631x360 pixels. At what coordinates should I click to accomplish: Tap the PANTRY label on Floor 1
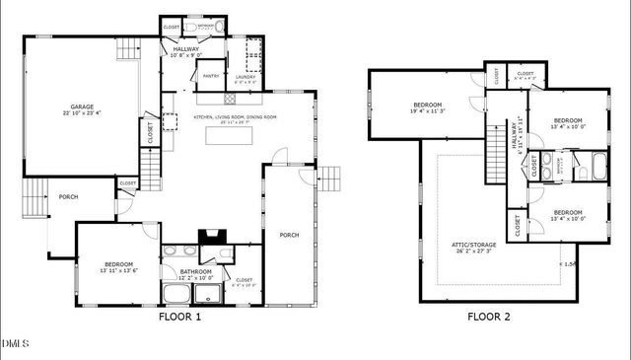210,75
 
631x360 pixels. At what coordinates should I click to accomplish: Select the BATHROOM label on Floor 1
195,271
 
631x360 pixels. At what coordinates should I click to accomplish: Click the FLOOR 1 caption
179,318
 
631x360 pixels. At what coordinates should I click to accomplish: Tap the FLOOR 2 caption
488,318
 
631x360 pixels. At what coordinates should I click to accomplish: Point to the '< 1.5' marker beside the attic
569,264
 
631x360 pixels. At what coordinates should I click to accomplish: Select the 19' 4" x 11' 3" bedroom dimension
427,111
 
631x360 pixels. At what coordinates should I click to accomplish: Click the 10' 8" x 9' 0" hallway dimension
186,55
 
